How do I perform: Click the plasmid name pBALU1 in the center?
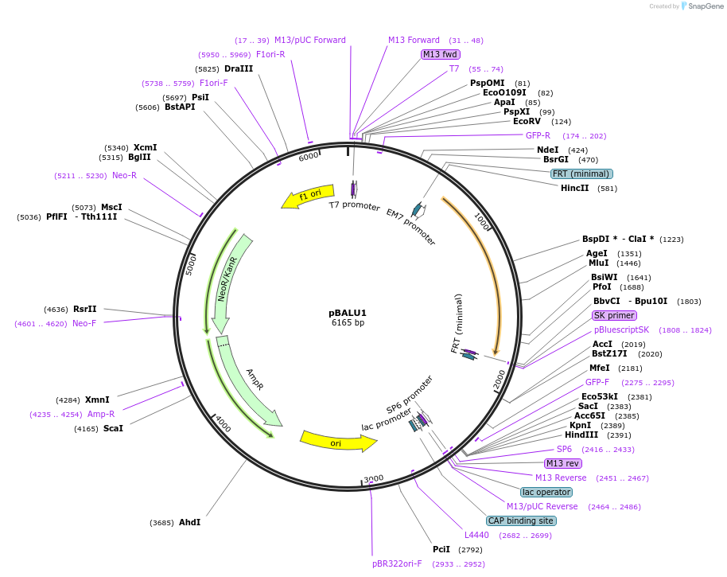pyautogui.click(x=348, y=313)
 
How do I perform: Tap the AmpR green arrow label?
pyautogui.click(x=254, y=380)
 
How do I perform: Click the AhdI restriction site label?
pyautogui.click(x=189, y=522)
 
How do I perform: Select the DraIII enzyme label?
pyautogui.click(x=239, y=68)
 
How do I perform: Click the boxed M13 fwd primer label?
pyautogui.click(x=441, y=54)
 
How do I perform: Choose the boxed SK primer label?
pyautogui.click(x=615, y=315)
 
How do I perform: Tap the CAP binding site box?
pyautogui.click(x=521, y=520)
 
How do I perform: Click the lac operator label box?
pyautogui.click(x=546, y=492)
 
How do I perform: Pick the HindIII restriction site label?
pyautogui.click(x=581, y=435)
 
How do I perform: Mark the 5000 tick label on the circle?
pyautogui.click(x=191, y=264)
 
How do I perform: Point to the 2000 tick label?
pyautogui.click(x=499, y=380)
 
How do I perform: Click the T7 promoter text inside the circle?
pyautogui.click(x=355, y=205)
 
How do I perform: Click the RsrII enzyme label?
pyautogui.click(x=84, y=309)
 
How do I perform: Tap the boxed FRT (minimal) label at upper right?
pyautogui.click(x=581, y=173)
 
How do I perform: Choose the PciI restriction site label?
pyautogui.click(x=441, y=549)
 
